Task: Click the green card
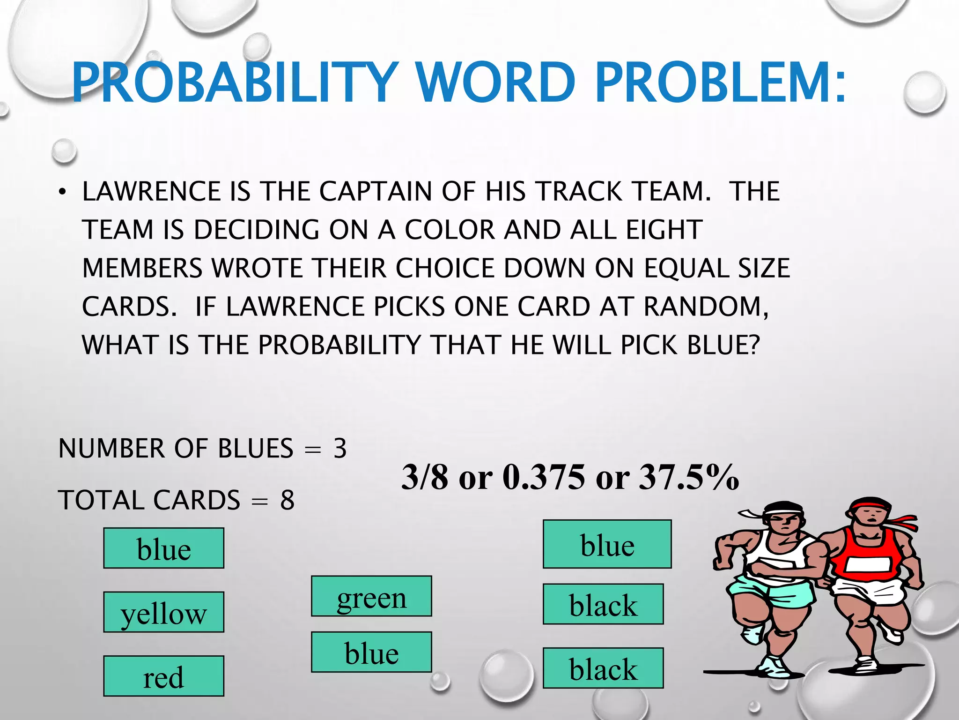coord(371,596)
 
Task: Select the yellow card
coord(163,612)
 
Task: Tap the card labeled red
coord(163,676)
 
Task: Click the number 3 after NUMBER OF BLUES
coord(340,448)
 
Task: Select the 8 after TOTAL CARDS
coord(288,500)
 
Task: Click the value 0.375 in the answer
coord(544,477)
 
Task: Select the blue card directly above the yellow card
coord(163,548)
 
